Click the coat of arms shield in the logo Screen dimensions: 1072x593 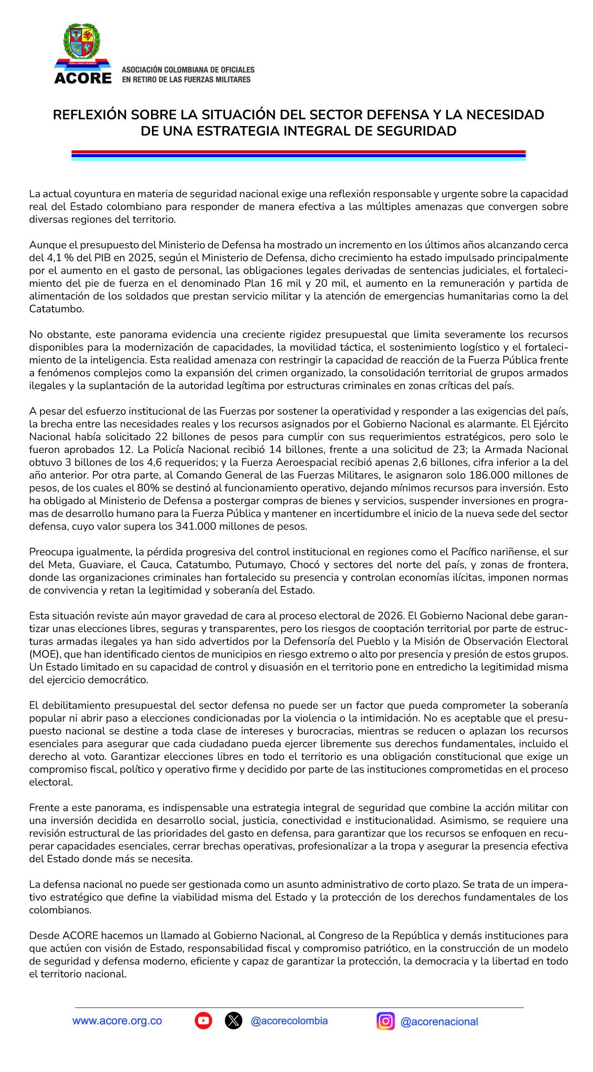(82, 41)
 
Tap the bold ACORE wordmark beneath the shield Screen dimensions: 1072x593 (83, 78)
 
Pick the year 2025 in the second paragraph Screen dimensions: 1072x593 (140, 258)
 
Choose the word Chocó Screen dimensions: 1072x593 (305, 565)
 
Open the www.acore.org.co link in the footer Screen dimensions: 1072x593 (117, 1021)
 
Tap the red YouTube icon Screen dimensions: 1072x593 (204, 1021)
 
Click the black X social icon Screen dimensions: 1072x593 (233, 1021)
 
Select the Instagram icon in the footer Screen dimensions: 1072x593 (385, 1021)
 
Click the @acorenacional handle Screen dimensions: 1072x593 (439, 1022)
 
